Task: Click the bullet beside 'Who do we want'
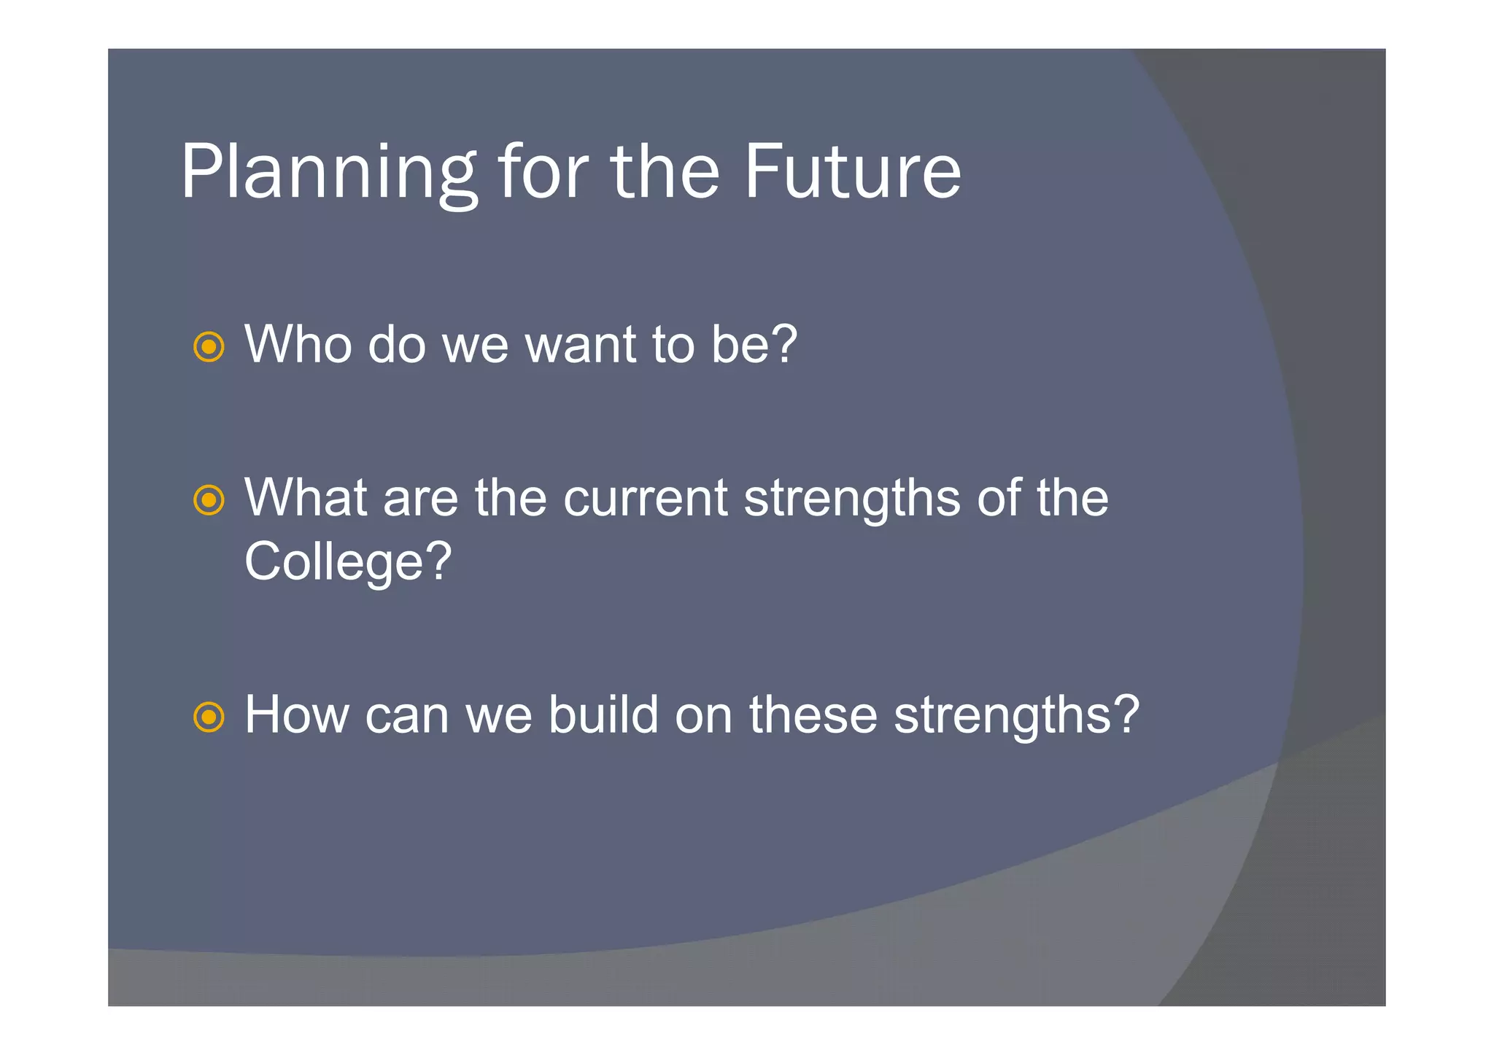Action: coord(209,347)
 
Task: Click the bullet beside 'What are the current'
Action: coord(209,500)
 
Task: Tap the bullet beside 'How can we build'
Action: coord(209,717)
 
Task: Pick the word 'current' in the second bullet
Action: coord(645,498)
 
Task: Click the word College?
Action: coord(348,561)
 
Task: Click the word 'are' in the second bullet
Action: coord(419,499)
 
